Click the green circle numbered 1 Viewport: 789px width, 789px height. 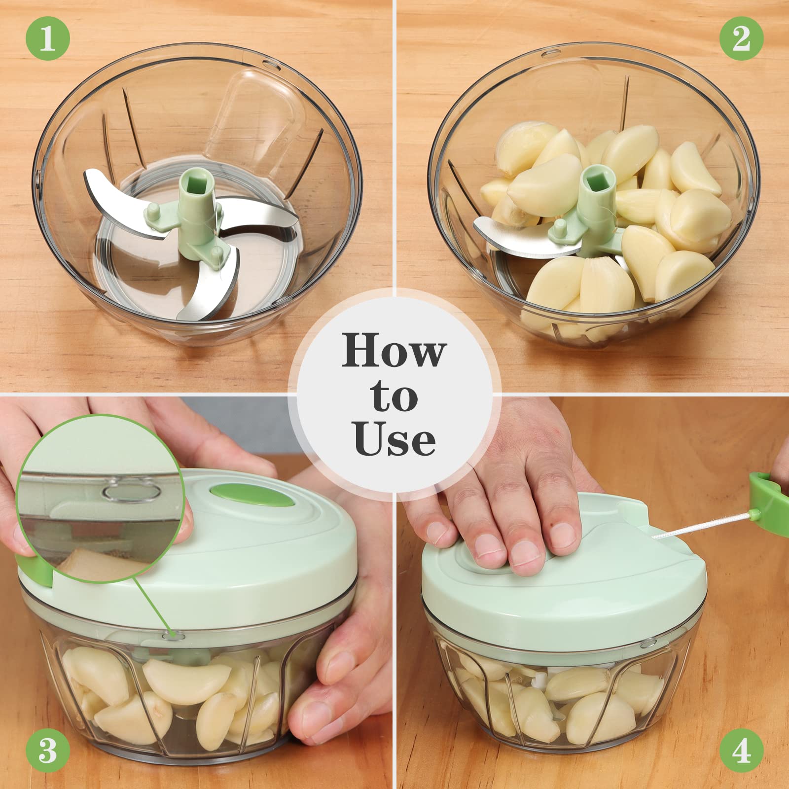point(47,38)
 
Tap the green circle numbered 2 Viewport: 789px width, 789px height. point(741,38)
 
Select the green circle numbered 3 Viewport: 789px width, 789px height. point(47,751)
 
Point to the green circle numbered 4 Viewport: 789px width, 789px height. point(741,751)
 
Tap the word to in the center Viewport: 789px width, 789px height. point(394,394)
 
